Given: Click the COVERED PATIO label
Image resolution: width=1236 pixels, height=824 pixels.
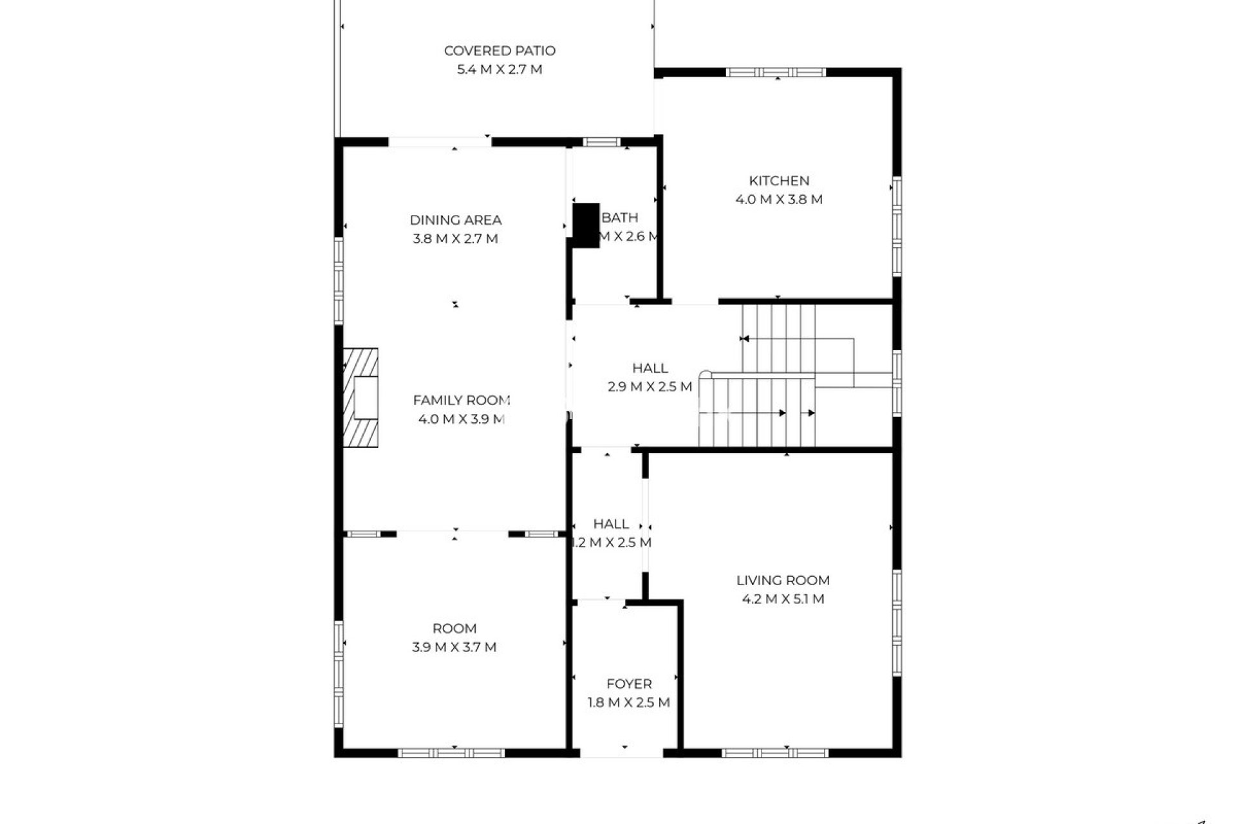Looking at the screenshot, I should click(500, 51).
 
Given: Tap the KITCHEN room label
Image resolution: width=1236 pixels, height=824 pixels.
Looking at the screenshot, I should click(779, 181).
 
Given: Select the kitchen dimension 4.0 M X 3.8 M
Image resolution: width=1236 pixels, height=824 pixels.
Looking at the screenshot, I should click(779, 200).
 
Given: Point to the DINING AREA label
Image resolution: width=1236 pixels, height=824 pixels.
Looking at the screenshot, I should click(456, 220).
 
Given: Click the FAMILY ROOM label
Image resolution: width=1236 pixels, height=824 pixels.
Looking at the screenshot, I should click(462, 400).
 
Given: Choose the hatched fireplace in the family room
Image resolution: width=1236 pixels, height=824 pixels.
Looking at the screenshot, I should click(360, 398).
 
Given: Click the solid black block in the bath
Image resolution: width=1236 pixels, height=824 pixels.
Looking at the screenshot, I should click(586, 225).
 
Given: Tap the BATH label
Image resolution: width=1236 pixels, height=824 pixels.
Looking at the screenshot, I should click(620, 218).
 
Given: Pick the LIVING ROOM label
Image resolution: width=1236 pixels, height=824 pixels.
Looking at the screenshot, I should click(783, 581).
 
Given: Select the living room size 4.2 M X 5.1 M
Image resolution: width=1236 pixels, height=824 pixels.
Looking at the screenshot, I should click(783, 599).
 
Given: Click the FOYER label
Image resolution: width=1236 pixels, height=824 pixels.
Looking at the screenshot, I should click(629, 684).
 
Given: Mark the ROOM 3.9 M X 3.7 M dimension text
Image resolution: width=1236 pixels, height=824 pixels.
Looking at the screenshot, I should click(454, 648).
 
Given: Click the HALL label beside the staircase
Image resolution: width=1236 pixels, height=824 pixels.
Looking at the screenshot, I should click(650, 368).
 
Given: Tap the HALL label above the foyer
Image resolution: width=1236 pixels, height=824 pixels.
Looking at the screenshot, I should click(611, 524).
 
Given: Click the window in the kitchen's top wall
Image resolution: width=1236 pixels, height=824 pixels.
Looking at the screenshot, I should click(776, 72).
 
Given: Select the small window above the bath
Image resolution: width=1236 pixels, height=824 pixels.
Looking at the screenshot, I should click(602, 142).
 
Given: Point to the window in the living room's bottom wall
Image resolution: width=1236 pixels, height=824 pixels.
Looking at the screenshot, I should click(775, 753).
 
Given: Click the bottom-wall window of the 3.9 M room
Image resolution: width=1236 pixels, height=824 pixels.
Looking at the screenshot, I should click(451, 753).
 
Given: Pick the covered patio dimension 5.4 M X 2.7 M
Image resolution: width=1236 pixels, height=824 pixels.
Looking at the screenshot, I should click(500, 70).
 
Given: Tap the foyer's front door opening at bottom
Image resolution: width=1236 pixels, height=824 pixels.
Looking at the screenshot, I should click(622, 753).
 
